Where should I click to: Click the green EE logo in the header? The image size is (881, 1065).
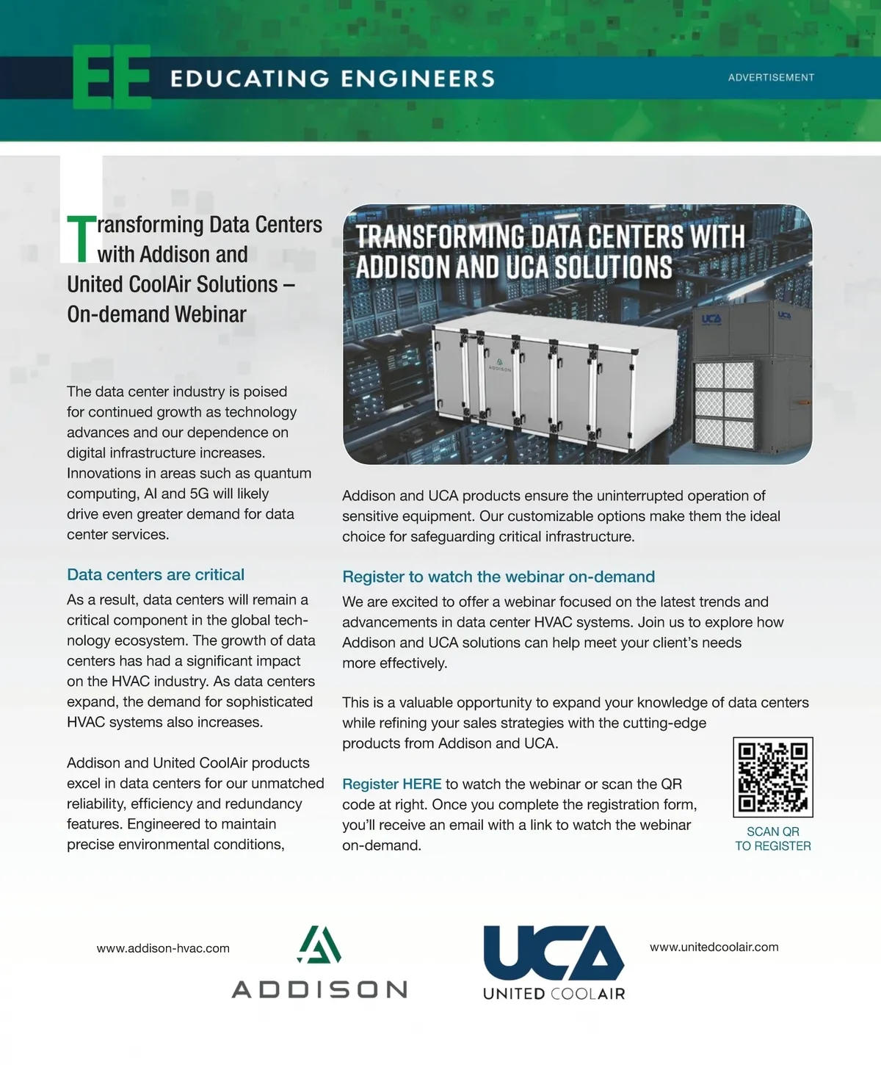[112, 77]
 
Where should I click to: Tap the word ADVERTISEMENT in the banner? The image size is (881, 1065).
[771, 77]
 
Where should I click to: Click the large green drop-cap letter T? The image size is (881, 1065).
[81, 238]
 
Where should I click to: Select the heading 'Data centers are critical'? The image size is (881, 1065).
[156, 574]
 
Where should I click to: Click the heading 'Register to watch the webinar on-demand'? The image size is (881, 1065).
[498, 577]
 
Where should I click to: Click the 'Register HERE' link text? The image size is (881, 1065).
[392, 784]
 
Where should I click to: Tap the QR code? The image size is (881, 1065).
[773, 777]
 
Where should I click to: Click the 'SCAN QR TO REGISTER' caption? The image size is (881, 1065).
[773, 839]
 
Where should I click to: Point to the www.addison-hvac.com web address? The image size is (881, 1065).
[163, 948]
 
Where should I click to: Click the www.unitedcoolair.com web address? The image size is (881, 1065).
[714, 947]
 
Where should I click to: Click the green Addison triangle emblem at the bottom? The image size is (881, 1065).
[319, 945]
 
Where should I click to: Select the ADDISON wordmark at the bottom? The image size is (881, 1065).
[319, 989]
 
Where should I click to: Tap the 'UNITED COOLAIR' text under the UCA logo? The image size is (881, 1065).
[554, 994]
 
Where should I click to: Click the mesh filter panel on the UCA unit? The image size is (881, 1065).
[724, 404]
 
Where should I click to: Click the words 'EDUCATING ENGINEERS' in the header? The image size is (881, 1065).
[333, 79]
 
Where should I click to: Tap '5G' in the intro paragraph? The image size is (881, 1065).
[200, 494]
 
